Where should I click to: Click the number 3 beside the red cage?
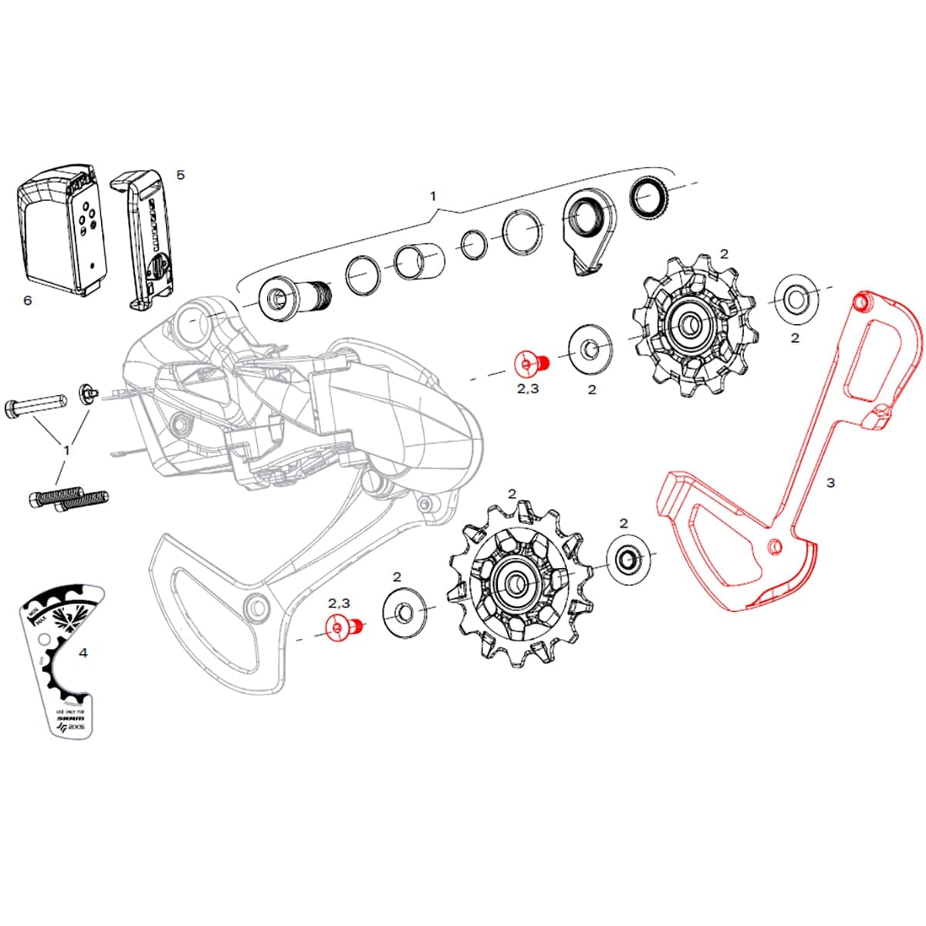(830, 482)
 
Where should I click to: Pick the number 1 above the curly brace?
(433, 196)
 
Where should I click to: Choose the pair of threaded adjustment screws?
(69, 498)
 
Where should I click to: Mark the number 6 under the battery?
(28, 300)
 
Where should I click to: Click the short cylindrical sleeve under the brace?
(420, 262)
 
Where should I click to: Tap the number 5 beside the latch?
(181, 174)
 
